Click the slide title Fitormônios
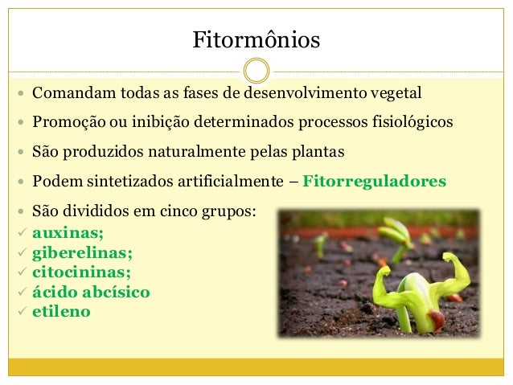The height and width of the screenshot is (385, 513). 256,39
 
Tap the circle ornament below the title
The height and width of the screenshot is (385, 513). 256,71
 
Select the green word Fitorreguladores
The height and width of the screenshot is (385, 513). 374,182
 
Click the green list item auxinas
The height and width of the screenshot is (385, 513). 68,233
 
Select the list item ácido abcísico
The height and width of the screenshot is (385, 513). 91,292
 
